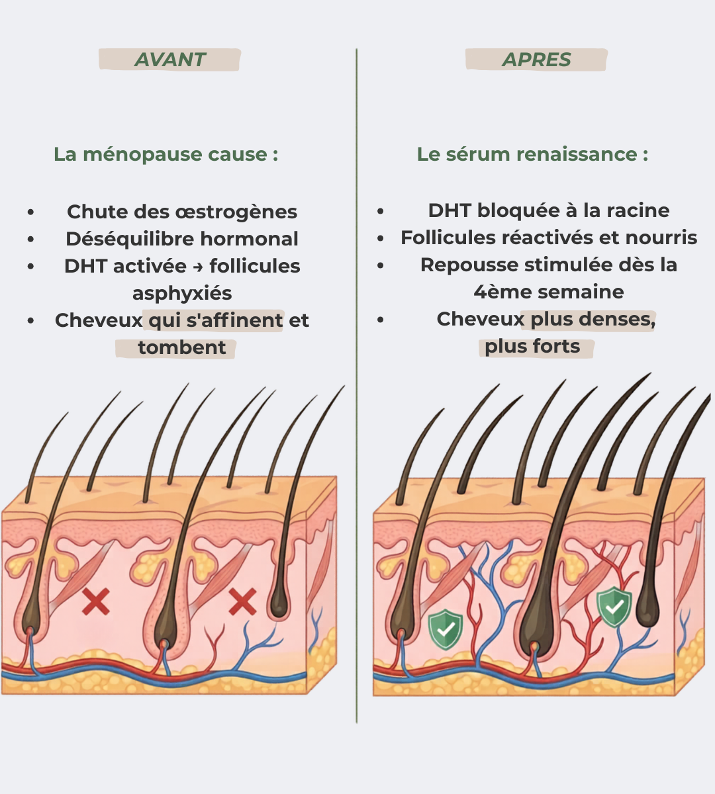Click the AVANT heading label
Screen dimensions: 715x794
[x=170, y=60]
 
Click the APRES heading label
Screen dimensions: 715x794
[x=536, y=60]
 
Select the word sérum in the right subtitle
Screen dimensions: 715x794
[x=478, y=154]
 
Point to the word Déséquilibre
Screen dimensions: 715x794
[x=130, y=240]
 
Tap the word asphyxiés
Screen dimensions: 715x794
[x=182, y=294]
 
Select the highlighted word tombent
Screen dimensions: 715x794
[x=182, y=348]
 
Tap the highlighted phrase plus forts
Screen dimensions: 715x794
[x=532, y=347]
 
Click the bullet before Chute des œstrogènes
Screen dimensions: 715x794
[x=31, y=212]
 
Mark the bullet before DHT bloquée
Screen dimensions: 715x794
[x=380, y=211]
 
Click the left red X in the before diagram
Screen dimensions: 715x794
[x=96, y=601]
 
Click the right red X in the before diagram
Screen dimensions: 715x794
[x=242, y=601]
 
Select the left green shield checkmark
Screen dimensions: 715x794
[x=446, y=629]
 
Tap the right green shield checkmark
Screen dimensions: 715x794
[x=614, y=607]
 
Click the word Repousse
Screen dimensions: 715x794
[x=469, y=265]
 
